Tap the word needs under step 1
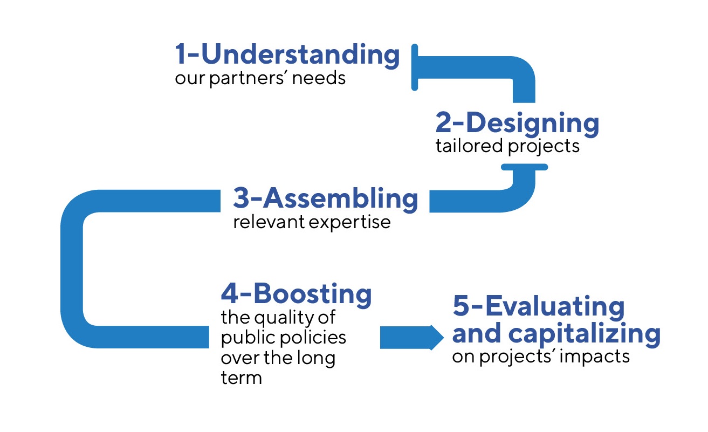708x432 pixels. [319, 78]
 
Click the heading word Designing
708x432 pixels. [533, 124]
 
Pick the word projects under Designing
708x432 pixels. [544, 147]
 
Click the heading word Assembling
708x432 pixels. [340, 199]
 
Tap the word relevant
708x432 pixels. [269, 222]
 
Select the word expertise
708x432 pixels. [350, 223]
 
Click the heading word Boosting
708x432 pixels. [312, 294]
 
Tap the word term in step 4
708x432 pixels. [242, 378]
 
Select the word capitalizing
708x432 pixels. [584, 334]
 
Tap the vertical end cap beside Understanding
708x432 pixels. [415, 67]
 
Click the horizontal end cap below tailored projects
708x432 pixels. [524, 167]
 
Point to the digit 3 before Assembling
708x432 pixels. [241, 198]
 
